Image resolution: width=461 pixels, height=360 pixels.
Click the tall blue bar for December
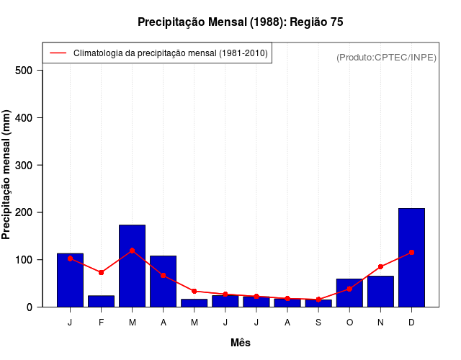click(x=411, y=257)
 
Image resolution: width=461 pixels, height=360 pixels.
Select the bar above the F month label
click(x=101, y=301)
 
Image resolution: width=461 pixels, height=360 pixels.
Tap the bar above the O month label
click(x=349, y=292)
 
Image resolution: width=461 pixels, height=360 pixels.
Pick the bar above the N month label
click(x=380, y=291)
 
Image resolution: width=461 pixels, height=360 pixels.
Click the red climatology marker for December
click(x=411, y=252)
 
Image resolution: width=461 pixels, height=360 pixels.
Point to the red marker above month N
click(x=380, y=266)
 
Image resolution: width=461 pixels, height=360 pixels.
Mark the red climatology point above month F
click(x=101, y=272)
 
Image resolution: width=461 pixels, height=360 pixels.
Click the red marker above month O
click(x=349, y=289)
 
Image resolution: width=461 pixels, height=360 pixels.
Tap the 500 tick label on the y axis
click(x=24, y=71)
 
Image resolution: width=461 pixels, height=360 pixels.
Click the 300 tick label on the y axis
click(x=24, y=165)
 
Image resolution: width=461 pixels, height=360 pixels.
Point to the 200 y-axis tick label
click(x=24, y=212)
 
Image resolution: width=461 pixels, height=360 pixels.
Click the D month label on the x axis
click(x=411, y=323)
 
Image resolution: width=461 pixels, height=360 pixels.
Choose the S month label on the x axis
click(x=318, y=323)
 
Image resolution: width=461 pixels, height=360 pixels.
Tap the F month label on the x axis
click(x=101, y=323)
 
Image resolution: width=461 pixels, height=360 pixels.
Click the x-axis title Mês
click(x=241, y=343)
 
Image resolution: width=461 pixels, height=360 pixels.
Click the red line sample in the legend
click(x=58, y=53)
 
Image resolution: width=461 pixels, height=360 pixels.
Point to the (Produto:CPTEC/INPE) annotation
click(x=386, y=57)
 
